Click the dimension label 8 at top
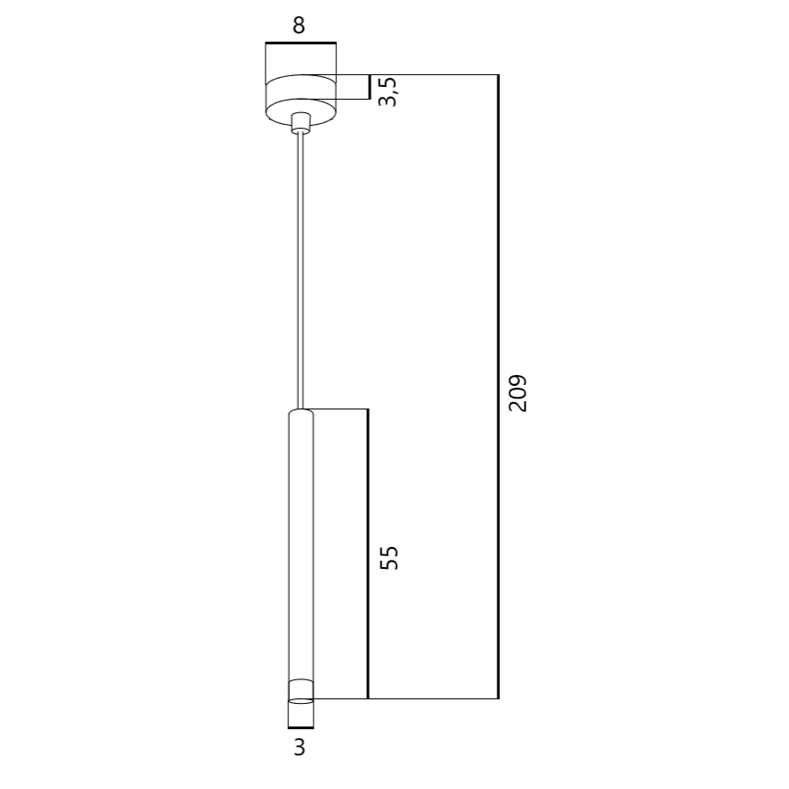point(299,25)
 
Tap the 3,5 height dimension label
point(388,91)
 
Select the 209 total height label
point(518,393)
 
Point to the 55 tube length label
point(389,557)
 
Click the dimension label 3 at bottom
point(300,747)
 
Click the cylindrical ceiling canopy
point(301,99)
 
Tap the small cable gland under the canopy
point(301,123)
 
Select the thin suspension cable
point(301,272)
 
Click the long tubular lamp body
point(301,553)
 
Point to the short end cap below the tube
point(301,714)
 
